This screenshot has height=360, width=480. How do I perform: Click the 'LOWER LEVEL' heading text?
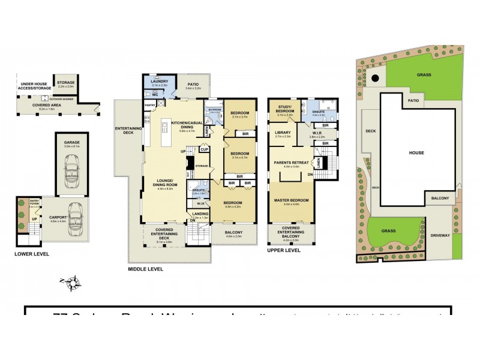(32, 254)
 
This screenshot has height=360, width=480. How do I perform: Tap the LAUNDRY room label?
(160, 82)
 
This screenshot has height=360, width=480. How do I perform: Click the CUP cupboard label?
(204, 149)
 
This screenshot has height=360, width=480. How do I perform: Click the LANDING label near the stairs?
(200, 213)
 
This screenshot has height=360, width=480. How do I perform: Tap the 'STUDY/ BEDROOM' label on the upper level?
(285, 109)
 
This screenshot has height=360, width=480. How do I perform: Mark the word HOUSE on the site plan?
(416, 152)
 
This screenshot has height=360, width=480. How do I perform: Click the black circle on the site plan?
(374, 77)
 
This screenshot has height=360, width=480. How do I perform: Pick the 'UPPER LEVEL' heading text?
(284, 250)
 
